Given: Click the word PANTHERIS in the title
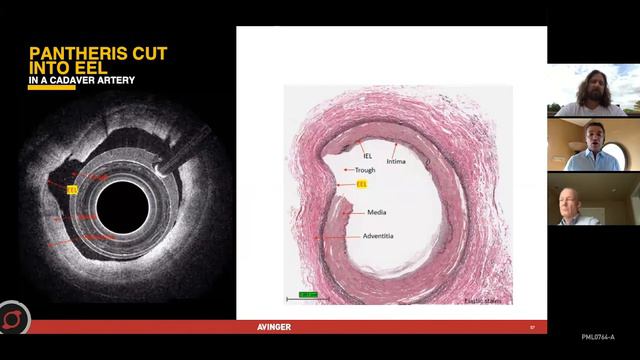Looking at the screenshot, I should (x=70, y=53).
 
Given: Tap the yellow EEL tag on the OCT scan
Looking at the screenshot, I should (x=71, y=188).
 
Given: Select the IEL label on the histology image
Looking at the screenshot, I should (x=352, y=156).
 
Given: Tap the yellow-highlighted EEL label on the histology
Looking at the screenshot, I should (x=362, y=185).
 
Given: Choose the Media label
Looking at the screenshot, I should (x=377, y=212).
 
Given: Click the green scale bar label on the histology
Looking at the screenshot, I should (x=307, y=294).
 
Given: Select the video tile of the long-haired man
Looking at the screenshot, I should (x=593, y=91).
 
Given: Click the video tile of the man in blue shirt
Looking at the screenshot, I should (x=593, y=145).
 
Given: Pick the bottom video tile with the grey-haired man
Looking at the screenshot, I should (x=593, y=199).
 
